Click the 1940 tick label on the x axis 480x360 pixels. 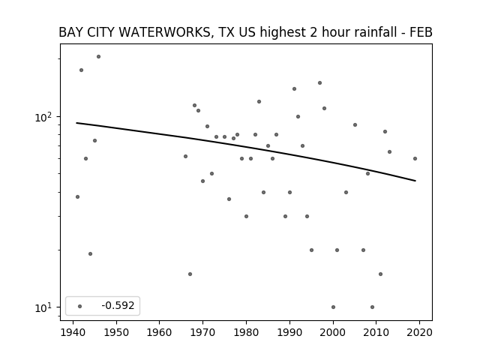coord(73,332)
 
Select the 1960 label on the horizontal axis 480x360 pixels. coord(160,332)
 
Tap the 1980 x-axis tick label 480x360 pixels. coord(246,332)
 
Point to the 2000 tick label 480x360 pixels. coord(333,332)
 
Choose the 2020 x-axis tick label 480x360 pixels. coord(419,332)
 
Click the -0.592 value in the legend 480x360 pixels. coord(118,305)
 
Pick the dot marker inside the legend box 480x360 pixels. coord(80,306)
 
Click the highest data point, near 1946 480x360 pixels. coord(98,57)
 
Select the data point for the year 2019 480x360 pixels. coord(415,158)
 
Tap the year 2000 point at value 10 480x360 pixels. coord(333,307)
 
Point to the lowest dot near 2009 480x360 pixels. coord(372,307)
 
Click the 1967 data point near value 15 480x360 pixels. coord(190,274)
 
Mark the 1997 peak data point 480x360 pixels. coord(320,83)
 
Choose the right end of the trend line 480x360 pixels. coord(415,181)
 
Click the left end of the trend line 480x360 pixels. coord(76,123)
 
